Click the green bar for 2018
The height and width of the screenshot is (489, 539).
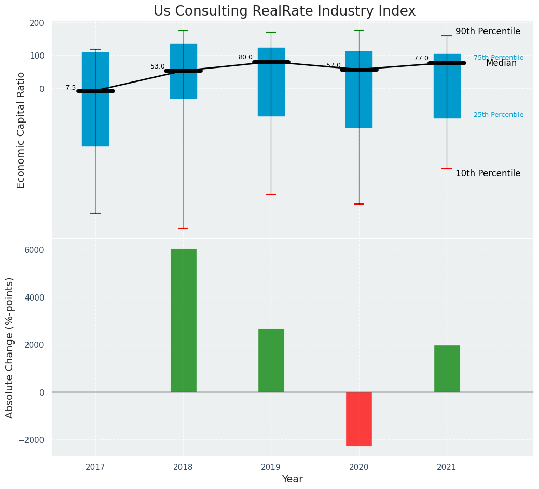click(x=183, y=320)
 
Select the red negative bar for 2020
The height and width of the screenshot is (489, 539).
click(x=358, y=419)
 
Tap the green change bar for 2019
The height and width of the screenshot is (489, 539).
click(x=271, y=360)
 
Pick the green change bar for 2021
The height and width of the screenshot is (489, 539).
click(x=447, y=369)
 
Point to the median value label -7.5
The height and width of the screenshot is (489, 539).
click(x=70, y=88)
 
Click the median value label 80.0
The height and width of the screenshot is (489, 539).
click(x=245, y=57)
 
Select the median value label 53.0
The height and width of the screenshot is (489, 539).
click(x=158, y=66)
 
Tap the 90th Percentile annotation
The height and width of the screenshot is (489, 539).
click(x=488, y=31)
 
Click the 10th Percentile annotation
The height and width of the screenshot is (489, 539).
click(x=488, y=173)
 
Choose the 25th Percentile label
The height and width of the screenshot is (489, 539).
click(x=498, y=115)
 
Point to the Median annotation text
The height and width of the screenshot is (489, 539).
click(x=501, y=63)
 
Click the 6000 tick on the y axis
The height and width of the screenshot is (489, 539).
click(x=34, y=250)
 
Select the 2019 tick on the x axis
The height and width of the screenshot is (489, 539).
click(x=271, y=467)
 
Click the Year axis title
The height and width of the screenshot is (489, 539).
click(x=292, y=479)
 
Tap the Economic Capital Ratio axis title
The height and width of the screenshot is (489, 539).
click(x=21, y=130)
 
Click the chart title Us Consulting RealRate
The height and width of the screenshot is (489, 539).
click(x=284, y=11)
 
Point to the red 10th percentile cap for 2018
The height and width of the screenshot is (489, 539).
click(x=183, y=228)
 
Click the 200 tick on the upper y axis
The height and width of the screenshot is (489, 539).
click(x=37, y=23)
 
